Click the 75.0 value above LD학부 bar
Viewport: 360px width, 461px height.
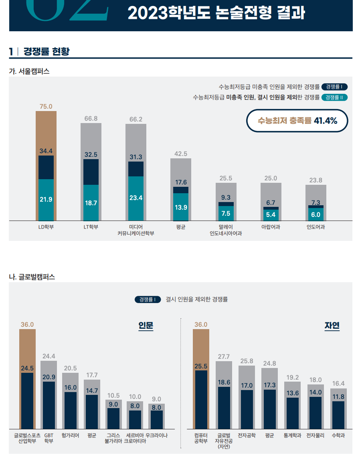tap(46, 106)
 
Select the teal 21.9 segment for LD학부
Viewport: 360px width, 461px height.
tap(46, 200)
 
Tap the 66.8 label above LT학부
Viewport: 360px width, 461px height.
tap(91, 118)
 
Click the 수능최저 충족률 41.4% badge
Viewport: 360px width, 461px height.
tap(297, 120)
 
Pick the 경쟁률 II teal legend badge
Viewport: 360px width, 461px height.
tap(334, 97)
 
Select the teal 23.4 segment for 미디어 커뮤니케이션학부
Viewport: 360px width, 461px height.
tap(136, 198)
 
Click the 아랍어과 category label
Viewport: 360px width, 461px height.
tap(271, 227)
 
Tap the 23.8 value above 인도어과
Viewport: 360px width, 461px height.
tap(316, 180)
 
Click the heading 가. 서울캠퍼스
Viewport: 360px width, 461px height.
tap(29, 71)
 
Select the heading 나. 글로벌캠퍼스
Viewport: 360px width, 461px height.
tap(32, 277)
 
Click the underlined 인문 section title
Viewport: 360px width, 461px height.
tap(146, 326)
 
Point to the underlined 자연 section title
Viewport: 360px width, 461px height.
tap(332, 326)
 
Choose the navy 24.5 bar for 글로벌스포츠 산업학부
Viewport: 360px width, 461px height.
tap(27, 401)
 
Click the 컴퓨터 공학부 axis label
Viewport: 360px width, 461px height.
tap(201, 438)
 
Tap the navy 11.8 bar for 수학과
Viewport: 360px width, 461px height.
tap(338, 415)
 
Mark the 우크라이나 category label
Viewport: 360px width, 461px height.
tap(156, 435)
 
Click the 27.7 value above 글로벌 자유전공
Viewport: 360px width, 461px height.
tap(224, 356)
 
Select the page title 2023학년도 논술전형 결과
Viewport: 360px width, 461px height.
tap(216, 14)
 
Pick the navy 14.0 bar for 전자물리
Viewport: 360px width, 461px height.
tap(316, 413)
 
